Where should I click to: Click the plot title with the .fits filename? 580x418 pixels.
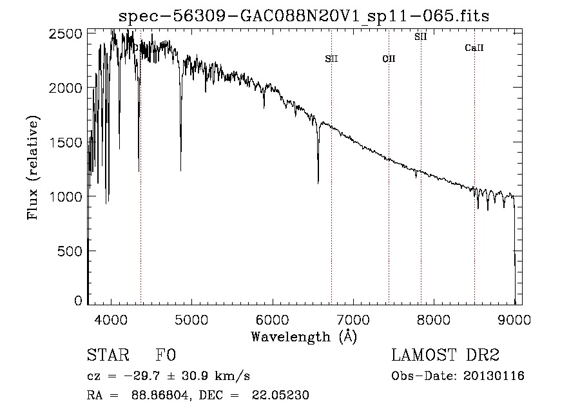[304, 16]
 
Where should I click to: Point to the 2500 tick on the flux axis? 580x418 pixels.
[65, 33]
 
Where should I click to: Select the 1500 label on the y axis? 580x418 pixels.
[65, 142]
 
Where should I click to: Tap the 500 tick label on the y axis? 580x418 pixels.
[70, 251]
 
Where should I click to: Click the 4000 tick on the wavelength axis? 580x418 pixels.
[111, 320]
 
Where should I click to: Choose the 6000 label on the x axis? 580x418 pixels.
[273, 320]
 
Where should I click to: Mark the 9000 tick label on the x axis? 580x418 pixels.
[514, 320]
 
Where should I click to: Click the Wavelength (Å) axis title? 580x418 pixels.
[304, 337]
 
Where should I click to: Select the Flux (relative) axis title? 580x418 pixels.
[33, 168]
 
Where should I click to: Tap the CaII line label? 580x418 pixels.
[474, 48]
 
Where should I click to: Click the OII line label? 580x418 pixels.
[389, 59]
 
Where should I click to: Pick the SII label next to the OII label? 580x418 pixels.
[331, 59]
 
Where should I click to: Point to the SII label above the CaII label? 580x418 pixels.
[421, 37]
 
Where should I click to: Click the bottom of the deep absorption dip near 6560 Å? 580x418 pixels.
[318, 182]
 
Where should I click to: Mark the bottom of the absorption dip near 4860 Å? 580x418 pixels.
[180, 171]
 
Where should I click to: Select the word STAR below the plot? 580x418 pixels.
[108, 355]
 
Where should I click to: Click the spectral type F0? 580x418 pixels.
[166, 355]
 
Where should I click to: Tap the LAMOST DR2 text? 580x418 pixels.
[445, 355]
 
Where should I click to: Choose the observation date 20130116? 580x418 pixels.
[494, 376]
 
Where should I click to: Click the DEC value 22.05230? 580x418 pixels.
[280, 395]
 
